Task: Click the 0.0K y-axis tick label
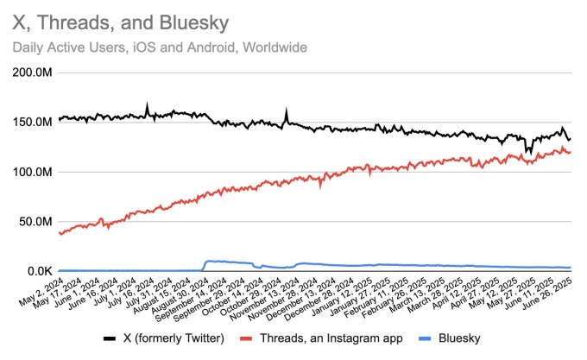coord(39,271)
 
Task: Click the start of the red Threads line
coord(59,232)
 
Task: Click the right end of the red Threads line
coord(570,152)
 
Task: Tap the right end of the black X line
coord(570,139)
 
